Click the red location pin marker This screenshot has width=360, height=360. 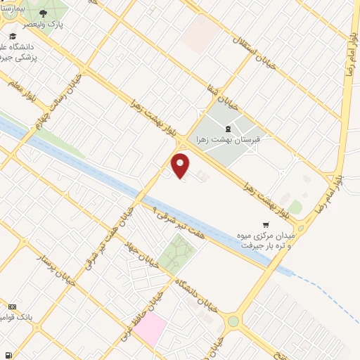(181, 165)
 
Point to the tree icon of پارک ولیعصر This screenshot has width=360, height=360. (44, 13)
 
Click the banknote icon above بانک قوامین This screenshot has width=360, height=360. (12, 307)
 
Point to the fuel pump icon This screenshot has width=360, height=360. (7, 355)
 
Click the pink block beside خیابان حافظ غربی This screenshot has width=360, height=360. (150, 329)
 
